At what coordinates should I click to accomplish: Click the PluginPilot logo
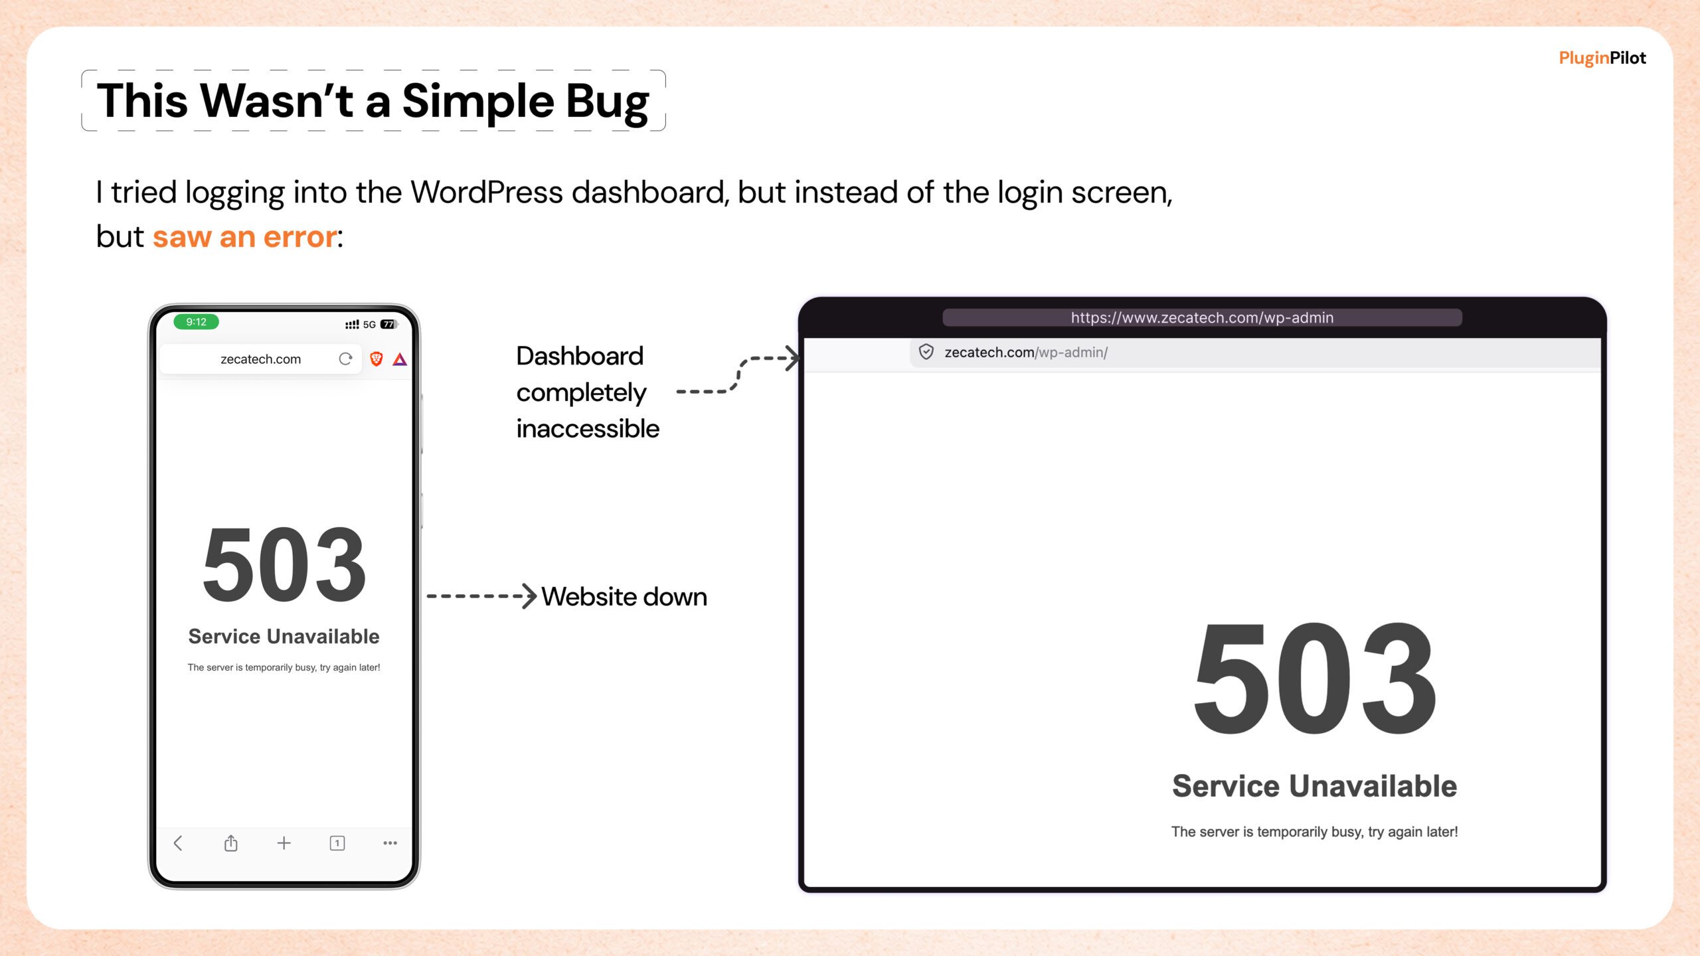point(1602,58)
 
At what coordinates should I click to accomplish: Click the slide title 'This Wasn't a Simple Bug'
point(373,101)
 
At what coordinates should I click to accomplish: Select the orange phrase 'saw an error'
point(245,236)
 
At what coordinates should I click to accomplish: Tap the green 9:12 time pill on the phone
point(196,322)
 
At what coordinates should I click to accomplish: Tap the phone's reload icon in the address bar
point(345,359)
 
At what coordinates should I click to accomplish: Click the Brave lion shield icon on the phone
point(377,359)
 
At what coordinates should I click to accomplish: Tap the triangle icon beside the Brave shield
point(400,359)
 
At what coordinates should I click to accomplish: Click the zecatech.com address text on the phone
point(260,359)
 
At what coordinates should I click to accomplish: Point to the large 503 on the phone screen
point(284,565)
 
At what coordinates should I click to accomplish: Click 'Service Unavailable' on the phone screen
point(284,636)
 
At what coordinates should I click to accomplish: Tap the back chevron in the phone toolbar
point(177,843)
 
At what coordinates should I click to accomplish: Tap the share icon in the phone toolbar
point(230,843)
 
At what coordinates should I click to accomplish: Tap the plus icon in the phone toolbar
point(284,843)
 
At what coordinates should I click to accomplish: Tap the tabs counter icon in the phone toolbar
point(337,843)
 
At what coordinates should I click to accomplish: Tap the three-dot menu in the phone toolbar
point(390,843)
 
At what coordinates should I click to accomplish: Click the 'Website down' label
point(624,597)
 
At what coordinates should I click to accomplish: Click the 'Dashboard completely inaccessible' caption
point(588,392)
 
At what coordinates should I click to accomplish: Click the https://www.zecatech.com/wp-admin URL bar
point(1202,317)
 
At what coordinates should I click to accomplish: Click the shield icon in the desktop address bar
point(926,352)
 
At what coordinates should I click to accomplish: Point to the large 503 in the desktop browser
point(1315,678)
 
